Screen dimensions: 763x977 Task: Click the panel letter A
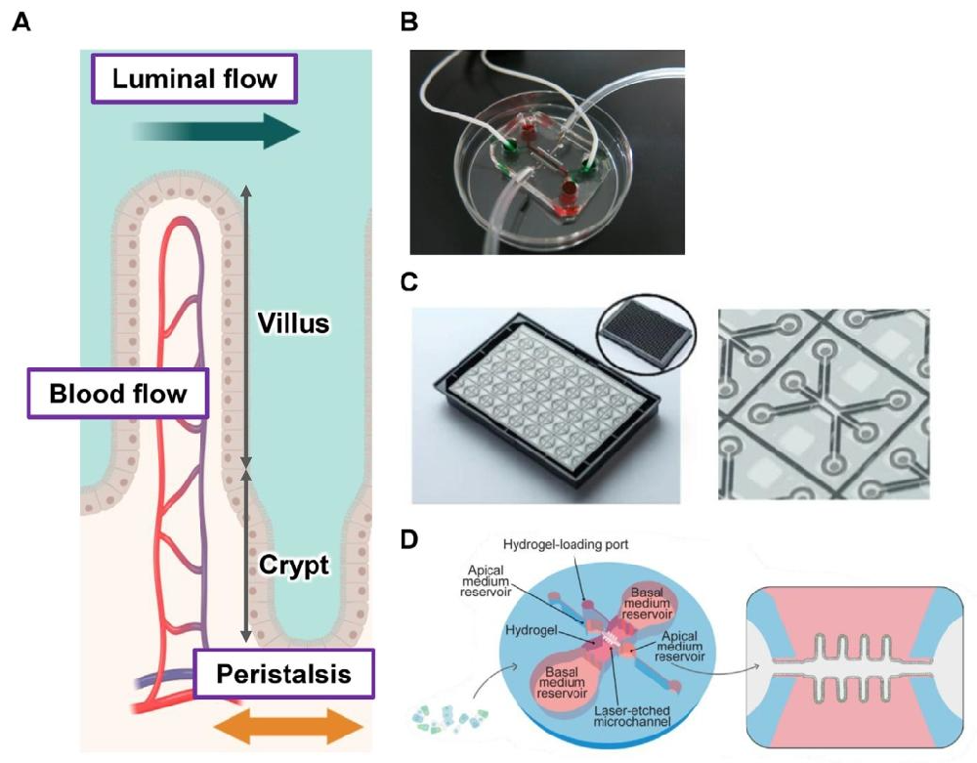click(x=21, y=21)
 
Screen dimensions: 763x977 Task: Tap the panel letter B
click(x=409, y=21)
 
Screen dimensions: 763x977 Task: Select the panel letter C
click(x=410, y=283)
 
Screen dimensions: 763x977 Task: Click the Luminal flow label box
click(x=194, y=78)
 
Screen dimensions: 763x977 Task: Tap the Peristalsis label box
click(x=283, y=674)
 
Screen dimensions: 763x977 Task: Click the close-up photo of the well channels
click(x=823, y=404)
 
